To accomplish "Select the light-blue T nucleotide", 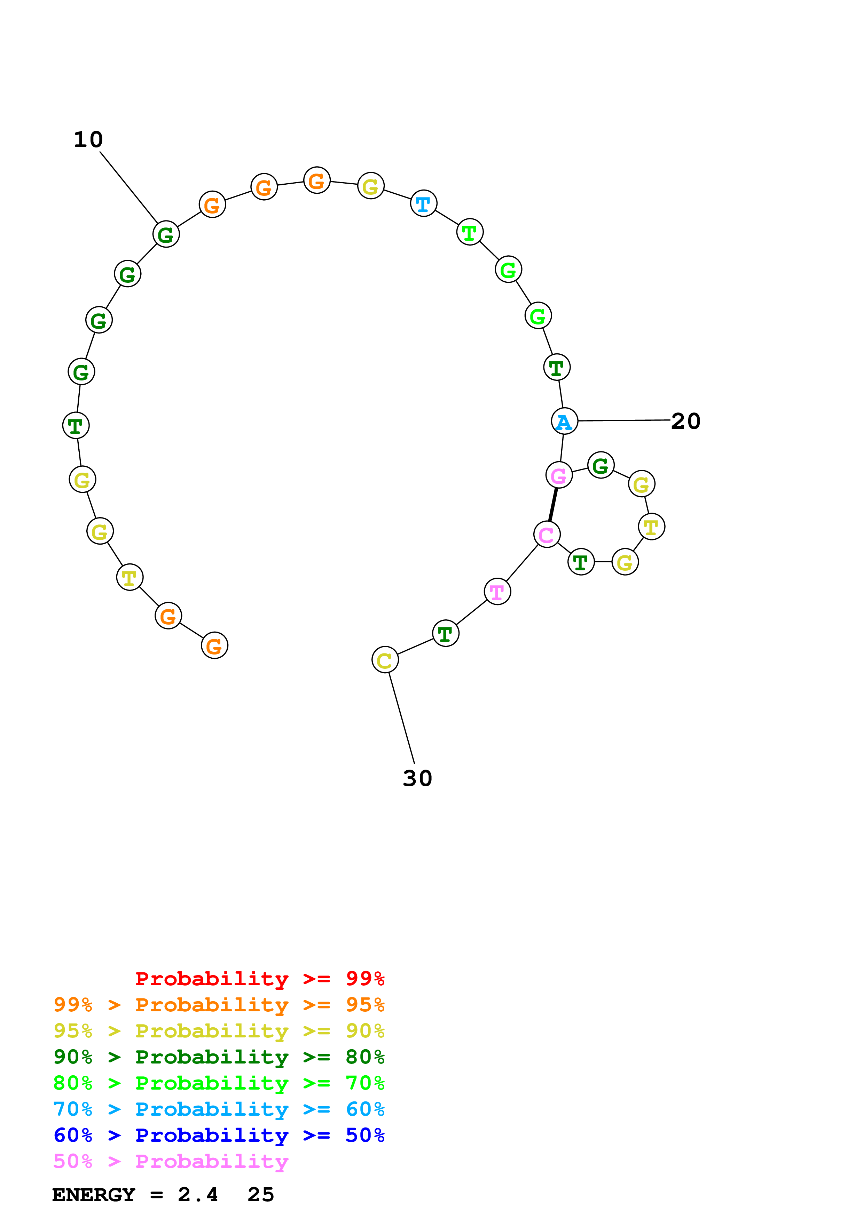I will pyautogui.click(x=423, y=203).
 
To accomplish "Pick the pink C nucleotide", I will pyautogui.click(x=547, y=534).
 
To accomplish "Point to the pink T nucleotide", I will pyautogui.click(x=497, y=592).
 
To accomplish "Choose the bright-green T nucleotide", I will pyautogui.click(x=470, y=232).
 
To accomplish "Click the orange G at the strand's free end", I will pyautogui.click(x=214, y=645).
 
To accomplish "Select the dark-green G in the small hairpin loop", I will pyautogui.click(x=601, y=465).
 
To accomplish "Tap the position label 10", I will pyautogui.click(x=88, y=140).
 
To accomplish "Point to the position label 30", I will pyautogui.click(x=417, y=778).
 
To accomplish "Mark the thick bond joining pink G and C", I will pyautogui.click(x=553, y=504).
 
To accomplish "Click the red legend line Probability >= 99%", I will pyautogui.click(x=259, y=978).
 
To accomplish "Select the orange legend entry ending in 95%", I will pyautogui.click(x=219, y=1005).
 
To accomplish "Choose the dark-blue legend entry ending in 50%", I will pyautogui.click(x=219, y=1135).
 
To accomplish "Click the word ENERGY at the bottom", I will pyautogui.click(x=94, y=1195).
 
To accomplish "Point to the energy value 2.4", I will pyautogui.click(x=198, y=1195).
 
